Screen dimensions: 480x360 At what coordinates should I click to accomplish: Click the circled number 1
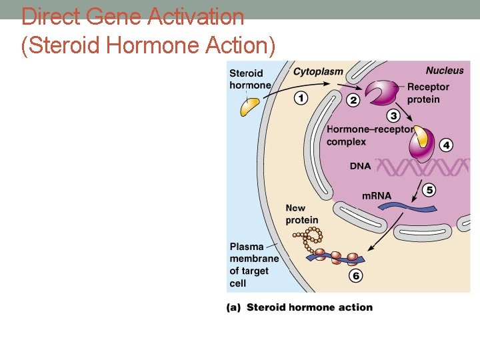point(301,98)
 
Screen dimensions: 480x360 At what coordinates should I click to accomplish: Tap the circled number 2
point(353,100)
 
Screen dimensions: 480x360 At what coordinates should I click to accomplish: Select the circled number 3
point(393,115)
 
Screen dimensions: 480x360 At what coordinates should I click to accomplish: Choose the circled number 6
point(355,276)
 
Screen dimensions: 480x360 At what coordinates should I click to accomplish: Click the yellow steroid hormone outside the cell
point(249,105)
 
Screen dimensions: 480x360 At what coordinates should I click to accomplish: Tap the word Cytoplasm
point(319,71)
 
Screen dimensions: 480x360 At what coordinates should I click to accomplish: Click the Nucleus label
point(445,71)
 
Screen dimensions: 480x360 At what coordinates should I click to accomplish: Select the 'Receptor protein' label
point(428,93)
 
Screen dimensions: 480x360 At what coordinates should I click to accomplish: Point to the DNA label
point(360,166)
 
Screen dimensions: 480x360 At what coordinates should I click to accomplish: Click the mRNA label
point(377,196)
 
